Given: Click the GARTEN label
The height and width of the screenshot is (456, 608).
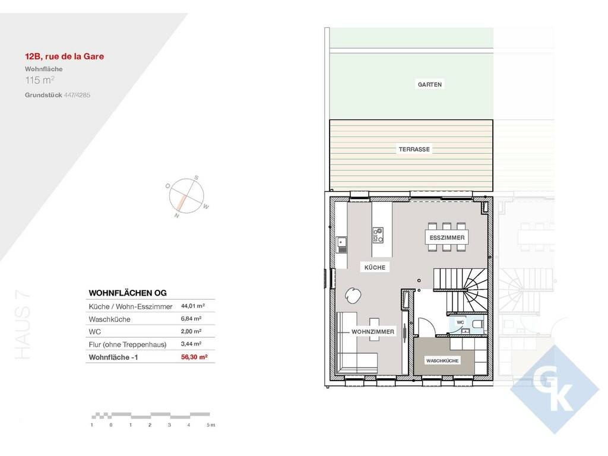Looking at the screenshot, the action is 430,84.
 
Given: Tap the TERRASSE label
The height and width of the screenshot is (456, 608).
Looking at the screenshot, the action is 414,149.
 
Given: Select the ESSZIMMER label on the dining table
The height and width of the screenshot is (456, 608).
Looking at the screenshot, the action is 447,237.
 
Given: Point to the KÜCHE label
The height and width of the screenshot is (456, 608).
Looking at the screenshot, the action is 375,268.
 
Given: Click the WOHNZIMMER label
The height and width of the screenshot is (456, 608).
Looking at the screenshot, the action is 373,332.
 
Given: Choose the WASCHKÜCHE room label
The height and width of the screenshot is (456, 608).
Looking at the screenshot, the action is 442,361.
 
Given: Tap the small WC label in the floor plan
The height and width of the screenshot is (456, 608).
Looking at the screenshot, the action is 460,322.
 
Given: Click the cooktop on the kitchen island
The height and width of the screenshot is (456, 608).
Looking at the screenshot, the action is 378,235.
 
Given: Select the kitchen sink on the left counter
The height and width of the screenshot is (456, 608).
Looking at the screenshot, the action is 342,245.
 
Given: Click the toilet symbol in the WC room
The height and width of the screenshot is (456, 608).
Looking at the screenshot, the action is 478,324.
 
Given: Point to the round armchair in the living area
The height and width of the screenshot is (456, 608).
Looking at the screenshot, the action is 353,296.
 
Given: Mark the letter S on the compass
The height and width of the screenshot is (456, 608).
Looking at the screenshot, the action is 196,178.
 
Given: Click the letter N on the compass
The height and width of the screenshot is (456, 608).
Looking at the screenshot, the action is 177,216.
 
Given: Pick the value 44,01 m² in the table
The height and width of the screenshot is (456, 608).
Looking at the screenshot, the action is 193,306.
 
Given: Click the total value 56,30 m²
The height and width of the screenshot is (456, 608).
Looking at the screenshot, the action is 194,357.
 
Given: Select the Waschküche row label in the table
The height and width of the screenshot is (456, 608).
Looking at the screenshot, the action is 109,319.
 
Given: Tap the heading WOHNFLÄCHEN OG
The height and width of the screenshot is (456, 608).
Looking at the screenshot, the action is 128,293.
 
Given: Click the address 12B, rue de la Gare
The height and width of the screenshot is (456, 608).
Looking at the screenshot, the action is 64,56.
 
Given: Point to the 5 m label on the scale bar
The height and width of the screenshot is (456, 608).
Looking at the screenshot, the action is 211,425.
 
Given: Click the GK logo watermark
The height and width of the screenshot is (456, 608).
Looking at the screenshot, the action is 555,389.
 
